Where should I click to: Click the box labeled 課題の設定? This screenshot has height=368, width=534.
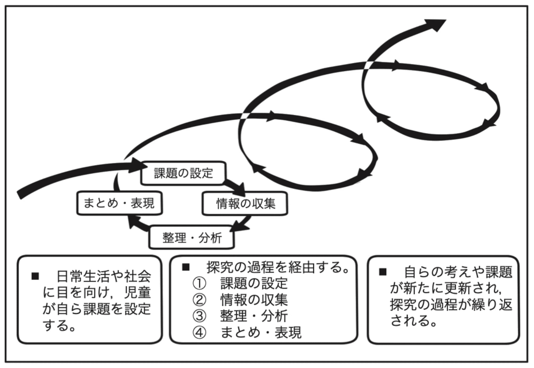(x=183, y=173)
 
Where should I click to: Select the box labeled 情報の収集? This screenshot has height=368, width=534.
(x=246, y=204)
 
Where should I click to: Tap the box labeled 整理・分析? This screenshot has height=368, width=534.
(x=191, y=238)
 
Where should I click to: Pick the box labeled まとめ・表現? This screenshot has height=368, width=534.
(x=119, y=204)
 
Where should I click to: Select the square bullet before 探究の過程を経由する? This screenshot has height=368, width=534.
(x=186, y=267)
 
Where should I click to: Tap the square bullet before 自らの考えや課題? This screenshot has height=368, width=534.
(x=382, y=271)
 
